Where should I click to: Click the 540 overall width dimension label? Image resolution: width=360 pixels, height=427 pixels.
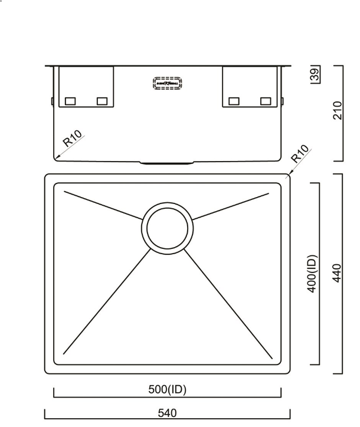tap(168, 413)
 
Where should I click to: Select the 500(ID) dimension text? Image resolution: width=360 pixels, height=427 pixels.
tap(168, 390)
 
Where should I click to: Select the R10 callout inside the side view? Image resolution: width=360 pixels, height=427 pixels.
tap(73, 139)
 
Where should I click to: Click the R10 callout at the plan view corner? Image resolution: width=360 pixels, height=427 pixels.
tap(300, 155)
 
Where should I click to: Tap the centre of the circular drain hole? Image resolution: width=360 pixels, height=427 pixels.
tap(167, 227)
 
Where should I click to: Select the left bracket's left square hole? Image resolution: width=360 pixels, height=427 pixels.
tap(70, 101)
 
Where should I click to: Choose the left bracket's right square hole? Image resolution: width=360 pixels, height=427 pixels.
tap(102, 101)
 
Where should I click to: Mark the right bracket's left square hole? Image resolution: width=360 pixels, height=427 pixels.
tap(234, 101)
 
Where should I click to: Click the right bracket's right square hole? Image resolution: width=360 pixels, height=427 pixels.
tap(266, 101)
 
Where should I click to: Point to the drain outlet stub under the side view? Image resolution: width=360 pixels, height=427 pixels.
tap(167, 161)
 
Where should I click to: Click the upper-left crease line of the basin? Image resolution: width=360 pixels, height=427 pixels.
tap(103, 205)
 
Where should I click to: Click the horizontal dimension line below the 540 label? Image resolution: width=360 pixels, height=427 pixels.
tap(168, 420)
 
